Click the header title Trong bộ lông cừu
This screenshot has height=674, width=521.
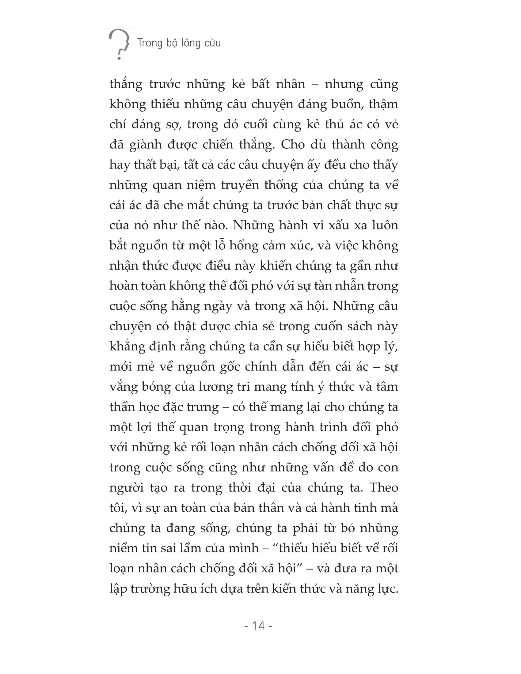pos(179,43)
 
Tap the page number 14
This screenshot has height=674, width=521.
pos(258,626)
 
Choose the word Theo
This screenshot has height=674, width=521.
pos(384,488)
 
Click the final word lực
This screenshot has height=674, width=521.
pos(386,589)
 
